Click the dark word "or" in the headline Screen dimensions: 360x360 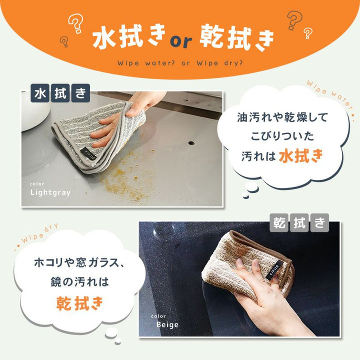[x=181, y=41]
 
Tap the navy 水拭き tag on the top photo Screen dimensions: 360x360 [x=60, y=93]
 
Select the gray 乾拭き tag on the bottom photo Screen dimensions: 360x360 [x=299, y=222]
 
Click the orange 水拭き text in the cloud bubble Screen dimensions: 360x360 [x=301, y=155]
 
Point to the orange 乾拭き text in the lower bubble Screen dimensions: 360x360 [x=79, y=303]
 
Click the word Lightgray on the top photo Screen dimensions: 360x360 [x=50, y=192]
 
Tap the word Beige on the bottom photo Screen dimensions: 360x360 [x=167, y=324]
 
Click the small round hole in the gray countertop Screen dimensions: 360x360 [x=191, y=143]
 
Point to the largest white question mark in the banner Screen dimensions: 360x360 [x=76, y=23]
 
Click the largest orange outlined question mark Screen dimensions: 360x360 [x=294, y=20]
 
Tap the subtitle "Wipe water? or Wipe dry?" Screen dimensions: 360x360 [x=180, y=62]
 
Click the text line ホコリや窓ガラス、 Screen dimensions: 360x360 [x=79, y=262]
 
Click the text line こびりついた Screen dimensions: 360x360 [x=282, y=136]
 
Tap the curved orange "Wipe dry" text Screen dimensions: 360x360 [x=36, y=236]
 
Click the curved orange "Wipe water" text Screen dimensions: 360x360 [x=331, y=96]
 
